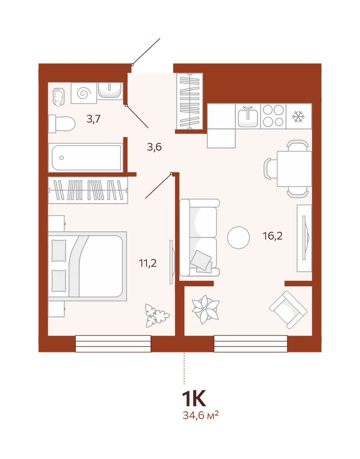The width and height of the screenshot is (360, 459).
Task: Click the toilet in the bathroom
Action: (x=62, y=124)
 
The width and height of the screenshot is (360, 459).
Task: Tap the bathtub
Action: (x=85, y=157)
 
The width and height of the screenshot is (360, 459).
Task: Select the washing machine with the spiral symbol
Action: (x=84, y=93)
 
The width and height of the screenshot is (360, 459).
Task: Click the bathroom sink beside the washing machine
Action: (x=110, y=91)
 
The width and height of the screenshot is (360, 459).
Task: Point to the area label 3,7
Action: (x=94, y=119)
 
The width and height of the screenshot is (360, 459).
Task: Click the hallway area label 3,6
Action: (x=154, y=147)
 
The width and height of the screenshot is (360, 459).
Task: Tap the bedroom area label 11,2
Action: (x=148, y=263)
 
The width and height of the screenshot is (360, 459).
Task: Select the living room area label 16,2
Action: (x=273, y=235)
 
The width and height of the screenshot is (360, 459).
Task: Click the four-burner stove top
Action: (x=273, y=116)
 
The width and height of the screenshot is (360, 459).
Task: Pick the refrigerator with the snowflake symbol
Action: (x=299, y=116)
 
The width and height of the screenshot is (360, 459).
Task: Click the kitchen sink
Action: (x=248, y=116)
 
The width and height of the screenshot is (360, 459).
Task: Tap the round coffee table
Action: (x=238, y=238)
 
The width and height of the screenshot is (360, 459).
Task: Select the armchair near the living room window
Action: (x=288, y=310)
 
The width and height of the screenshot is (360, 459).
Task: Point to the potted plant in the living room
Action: (x=206, y=309)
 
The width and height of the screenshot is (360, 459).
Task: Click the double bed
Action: (x=87, y=266)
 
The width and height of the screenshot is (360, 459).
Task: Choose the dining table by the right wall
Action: (x=294, y=168)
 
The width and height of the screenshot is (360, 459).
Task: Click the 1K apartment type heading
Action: (x=194, y=398)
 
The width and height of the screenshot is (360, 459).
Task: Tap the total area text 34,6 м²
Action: (x=201, y=415)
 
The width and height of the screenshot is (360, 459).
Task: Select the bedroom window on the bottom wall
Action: (x=113, y=344)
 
